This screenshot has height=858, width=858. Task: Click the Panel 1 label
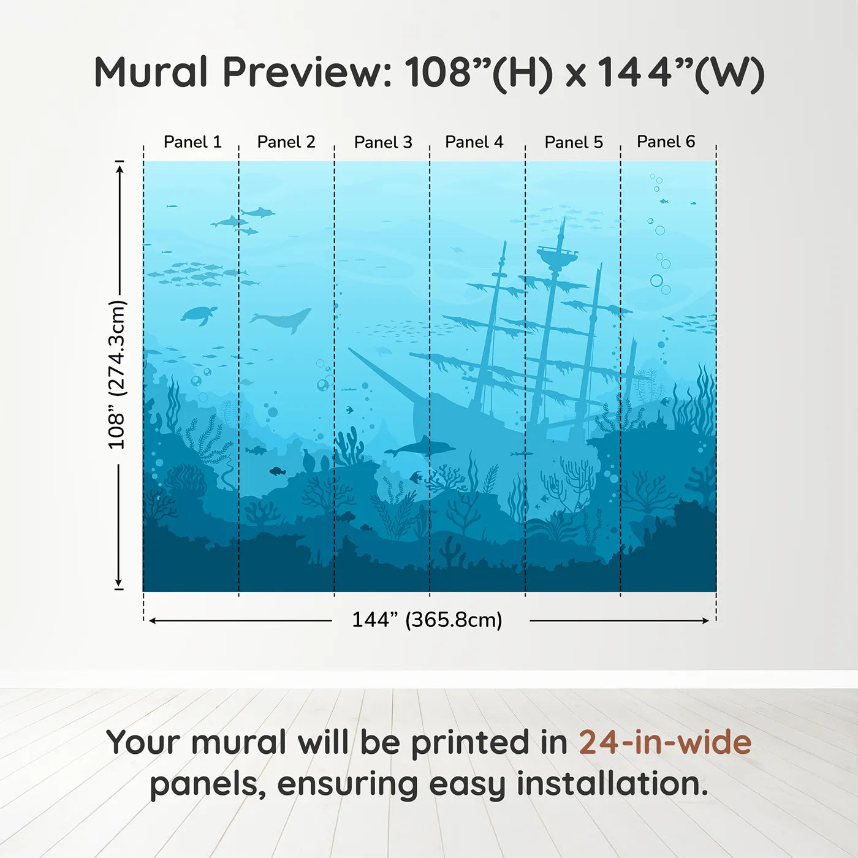click(192, 142)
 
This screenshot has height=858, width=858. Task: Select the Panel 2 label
click(286, 142)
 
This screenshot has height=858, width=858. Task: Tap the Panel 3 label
click(383, 142)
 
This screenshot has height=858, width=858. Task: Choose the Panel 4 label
click(474, 142)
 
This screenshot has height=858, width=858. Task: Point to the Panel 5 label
click(574, 142)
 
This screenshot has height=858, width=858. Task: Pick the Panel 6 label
click(666, 142)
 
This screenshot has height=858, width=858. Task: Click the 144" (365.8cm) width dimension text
click(427, 620)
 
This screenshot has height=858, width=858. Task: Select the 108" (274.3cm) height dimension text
click(116, 374)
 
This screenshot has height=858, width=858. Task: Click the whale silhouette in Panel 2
click(281, 320)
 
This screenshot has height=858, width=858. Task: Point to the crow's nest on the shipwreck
click(557, 256)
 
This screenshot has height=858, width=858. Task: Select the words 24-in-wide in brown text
click(665, 742)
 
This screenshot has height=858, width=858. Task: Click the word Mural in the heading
click(151, 72)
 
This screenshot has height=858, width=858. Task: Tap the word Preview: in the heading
click(306, 72)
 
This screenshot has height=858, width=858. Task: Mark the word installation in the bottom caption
click(611, 784)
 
